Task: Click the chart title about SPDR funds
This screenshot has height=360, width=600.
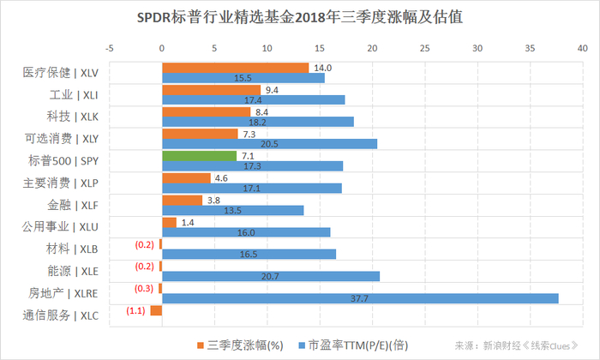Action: pyautogui.click(x=300, y=17)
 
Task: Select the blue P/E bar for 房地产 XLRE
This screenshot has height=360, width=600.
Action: pyautogui.click(x=360, y=298)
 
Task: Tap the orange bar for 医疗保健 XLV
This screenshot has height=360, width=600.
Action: pyautogui.click(x=235, y=68)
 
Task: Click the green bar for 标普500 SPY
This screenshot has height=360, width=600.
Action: pyautogui.click(x=199, y=156)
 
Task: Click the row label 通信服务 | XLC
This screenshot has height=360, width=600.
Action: pyautogui.click(x=61, y=315)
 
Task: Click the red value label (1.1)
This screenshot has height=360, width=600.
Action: pyautogui.click(x=136, y=310)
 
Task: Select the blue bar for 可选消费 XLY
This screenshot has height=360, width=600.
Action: pyautogui.click(x=269, y=144)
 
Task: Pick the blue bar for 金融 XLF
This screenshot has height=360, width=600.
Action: pyautogui.click(x=232, y=210)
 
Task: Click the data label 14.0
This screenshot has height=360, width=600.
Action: pyautogui.click(x=322, y=68)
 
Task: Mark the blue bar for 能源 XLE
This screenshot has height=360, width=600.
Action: pyautogui.click(x=271, y=276)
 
